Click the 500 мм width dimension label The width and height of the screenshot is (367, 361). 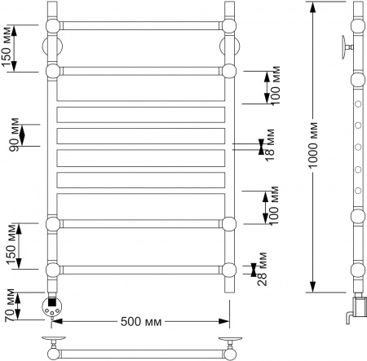coord(139,320)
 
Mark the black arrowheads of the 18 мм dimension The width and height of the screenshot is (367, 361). coord(261,147)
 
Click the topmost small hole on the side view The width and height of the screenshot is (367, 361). coord(357,105)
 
